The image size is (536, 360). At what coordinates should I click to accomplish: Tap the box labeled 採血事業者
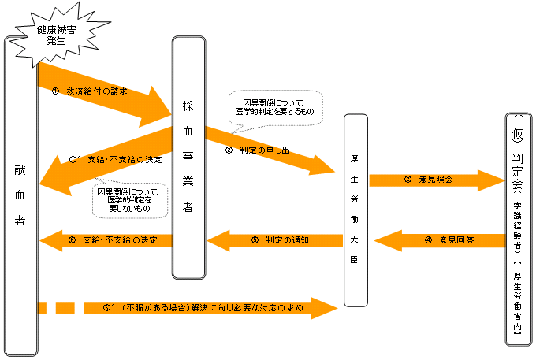pos(188,158)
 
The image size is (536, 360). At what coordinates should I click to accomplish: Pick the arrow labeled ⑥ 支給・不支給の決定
pos(106,239)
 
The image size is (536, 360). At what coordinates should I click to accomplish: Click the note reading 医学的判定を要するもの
pos(274,107)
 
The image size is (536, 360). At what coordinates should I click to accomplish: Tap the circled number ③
pos(408,180)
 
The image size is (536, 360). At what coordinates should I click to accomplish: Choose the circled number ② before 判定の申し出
pos(229,150)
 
